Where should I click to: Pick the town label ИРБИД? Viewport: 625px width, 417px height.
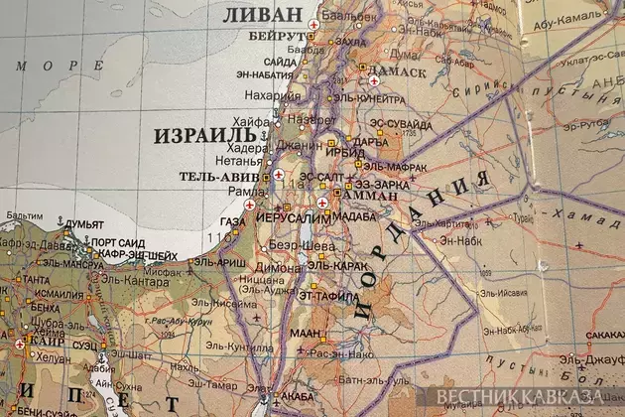339,152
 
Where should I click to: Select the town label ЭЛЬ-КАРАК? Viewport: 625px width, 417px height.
333,266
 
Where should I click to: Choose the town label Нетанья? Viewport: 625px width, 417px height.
238,159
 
